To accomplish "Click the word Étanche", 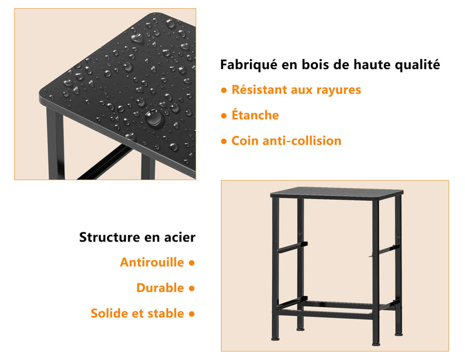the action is point(255,114).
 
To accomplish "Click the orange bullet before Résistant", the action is point(224,91).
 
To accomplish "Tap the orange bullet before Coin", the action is point(224,141).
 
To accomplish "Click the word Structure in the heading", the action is point(109,237).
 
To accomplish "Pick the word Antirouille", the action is point(152,262).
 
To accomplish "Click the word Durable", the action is point(160,288).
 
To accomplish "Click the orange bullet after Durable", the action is point(192,289).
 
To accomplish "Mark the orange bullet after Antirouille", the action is point(192,263).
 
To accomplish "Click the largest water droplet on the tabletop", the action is point(154,118).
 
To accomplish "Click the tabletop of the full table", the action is point(337,193).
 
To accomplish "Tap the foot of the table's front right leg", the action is point(376,344).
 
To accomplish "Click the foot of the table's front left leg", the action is point(276,338).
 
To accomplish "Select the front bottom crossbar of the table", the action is point(325,315).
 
